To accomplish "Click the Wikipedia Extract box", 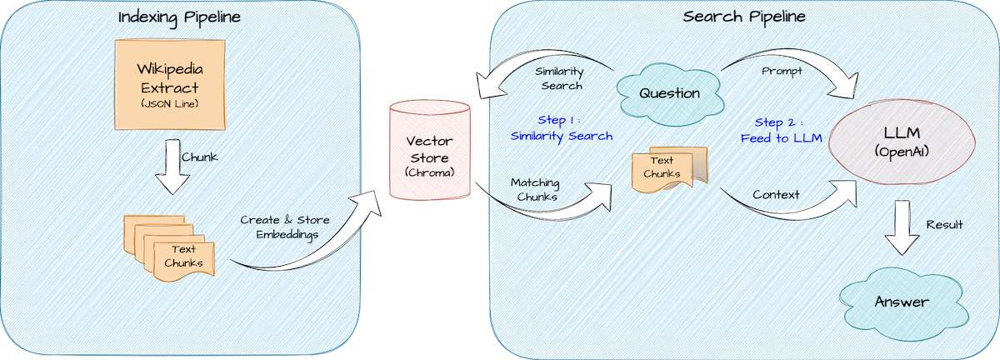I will (169, 88).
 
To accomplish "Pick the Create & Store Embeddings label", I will (285, 227).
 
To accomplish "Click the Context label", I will (776, 195).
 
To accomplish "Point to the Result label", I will (944, 225).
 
